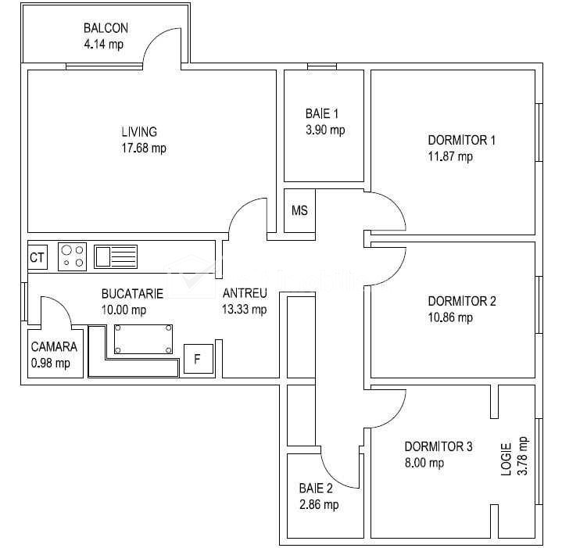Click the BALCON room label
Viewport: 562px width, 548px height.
(x=106, y=28)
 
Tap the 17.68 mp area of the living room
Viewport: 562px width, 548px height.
(x=144, y=148)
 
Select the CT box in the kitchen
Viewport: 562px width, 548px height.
(x=38, y=257)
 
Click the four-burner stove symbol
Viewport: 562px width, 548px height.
(x=73, y=256)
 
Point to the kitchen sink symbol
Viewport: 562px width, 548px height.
(x=116, y=256)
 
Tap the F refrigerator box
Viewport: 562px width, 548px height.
(x=199, y=359)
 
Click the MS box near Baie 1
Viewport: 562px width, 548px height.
(x=299, y=210)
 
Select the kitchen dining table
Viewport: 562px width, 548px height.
(x=143, y=339)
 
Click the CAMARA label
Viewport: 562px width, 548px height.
(x=54, y=346)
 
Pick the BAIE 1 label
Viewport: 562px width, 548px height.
(x=322, y=113)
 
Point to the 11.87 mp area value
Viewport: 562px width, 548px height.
(x=450, y=156)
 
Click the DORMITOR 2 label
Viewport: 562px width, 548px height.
(x=462, y=301)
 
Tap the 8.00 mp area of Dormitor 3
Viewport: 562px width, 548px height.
(x=424, y=463)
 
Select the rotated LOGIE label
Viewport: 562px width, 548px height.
(x=506, y=460)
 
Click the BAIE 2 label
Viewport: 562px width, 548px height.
(x=316, y=488)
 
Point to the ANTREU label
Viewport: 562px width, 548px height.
(x=245, y=293)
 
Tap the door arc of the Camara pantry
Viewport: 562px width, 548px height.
(x=61, y=305)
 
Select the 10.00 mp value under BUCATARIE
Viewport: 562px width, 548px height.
(x=124, y=310)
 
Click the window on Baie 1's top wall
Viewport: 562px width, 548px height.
(x=322, y=66)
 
